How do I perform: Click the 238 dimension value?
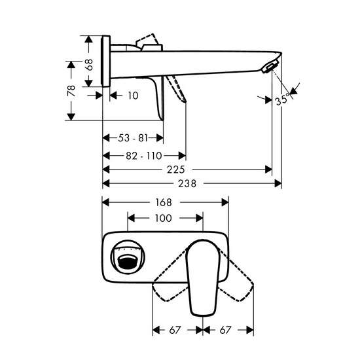point(187,184)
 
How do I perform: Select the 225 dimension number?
point(176,170)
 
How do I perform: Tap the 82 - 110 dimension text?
point(144,156)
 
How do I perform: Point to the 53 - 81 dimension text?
point(133,138)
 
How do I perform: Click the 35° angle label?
point(282,100)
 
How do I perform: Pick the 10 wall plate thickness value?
point(133,96)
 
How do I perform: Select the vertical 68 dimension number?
point(88,65)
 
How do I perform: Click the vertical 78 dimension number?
point(71,90)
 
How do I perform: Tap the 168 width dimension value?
point(164,202)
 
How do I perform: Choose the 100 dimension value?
point(163,218)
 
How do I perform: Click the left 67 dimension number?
point(175,330)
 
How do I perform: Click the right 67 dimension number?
point(225,330)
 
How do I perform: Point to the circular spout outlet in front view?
point(128,257)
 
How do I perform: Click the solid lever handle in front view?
point(203,278)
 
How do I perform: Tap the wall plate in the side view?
point(105,62)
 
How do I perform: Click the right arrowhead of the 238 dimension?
point(278,183)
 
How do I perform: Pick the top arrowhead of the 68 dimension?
point(88,39)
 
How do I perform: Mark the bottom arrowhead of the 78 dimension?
point(71,117)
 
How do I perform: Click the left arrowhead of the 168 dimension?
point(105,202)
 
